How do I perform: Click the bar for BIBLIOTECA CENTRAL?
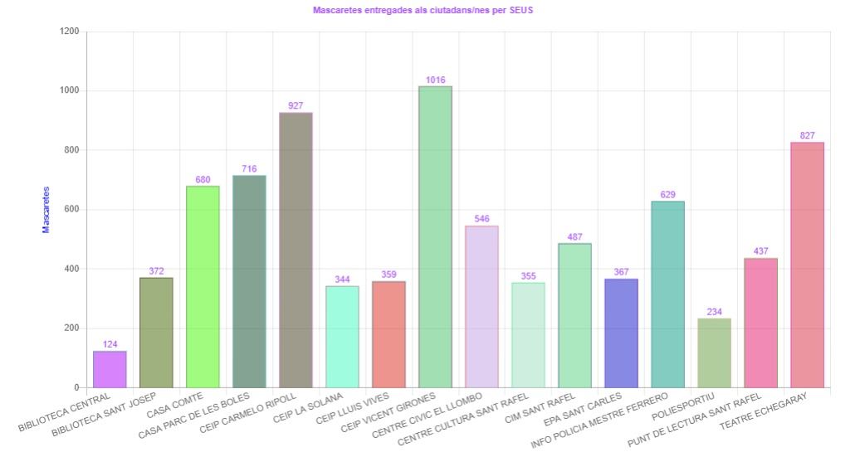click(x=110, y=369)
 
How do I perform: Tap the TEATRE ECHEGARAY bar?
click(x=807, y=265)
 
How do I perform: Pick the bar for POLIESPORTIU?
click(x=714, y=352)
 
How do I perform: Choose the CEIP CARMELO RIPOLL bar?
click(x=296, y=250)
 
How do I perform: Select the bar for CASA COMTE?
click(x=203, y=286)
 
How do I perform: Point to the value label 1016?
click(x=435, y=80)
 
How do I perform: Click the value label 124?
click(x=110, y=344)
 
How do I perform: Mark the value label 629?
click(x=667, y=195)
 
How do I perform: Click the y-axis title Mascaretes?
click(x=46, y=209)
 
